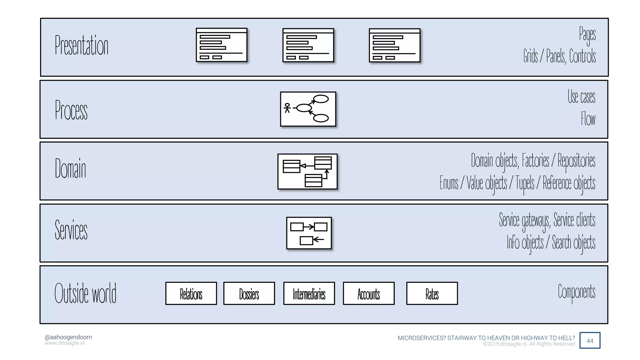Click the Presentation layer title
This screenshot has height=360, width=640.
pyautogui.click(x=82, y=46)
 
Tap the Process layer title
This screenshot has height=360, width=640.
pyautogui.click(x=71, y=110)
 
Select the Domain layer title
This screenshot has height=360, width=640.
pyautogui.click(x=70, y=168)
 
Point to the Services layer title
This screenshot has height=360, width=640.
pyautogui.click(x=71, y=230)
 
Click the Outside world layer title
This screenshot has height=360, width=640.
pyautogui.click(x=85, y=293)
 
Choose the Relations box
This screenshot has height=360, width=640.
pyautogui.click(x=191, y=293)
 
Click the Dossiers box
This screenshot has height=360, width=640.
pyautogui.click(x=249, y=293)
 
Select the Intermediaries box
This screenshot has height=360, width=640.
pyautogui.click(x=309, y=293)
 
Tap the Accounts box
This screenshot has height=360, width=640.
pyautogui.click(x=369, y=293)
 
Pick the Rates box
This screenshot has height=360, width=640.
pyautogui.click(x=432, y=293)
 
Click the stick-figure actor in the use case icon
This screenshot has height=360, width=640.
pyautogui.click(x=287, y=108)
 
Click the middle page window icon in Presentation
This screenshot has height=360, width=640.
pyautogui.click(x=308, y=45)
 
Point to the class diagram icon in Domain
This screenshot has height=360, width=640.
pyautogui.click(x=307, y=172)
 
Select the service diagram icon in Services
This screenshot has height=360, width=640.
pyautogui.click(x=309, y=233)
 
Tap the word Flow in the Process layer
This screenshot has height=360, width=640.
pyautogui.click(x=588, y=119)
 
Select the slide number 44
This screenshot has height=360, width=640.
pyautogui.click(x=590, y=341)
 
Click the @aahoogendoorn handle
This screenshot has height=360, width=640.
pyautogui.click(x=68, y=337)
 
